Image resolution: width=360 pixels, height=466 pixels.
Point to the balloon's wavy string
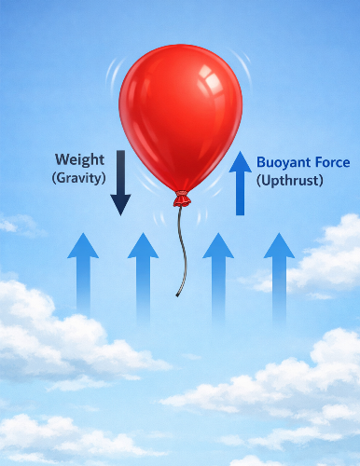tap(182, 247)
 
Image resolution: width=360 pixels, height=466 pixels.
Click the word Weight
tap(79, 159)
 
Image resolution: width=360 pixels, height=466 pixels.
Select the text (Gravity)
tap(79, 177)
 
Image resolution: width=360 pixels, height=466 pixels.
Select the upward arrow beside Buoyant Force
tap(240, 185)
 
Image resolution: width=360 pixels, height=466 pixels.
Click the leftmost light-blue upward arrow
tap(83, 270)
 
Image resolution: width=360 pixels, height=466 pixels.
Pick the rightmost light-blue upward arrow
tap(278, 270)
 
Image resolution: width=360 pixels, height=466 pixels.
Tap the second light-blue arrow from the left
tap(143, 270)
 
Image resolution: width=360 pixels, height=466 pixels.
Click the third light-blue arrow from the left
tap(218, 270)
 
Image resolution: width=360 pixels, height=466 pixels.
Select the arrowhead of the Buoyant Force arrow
tap(240, 162)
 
